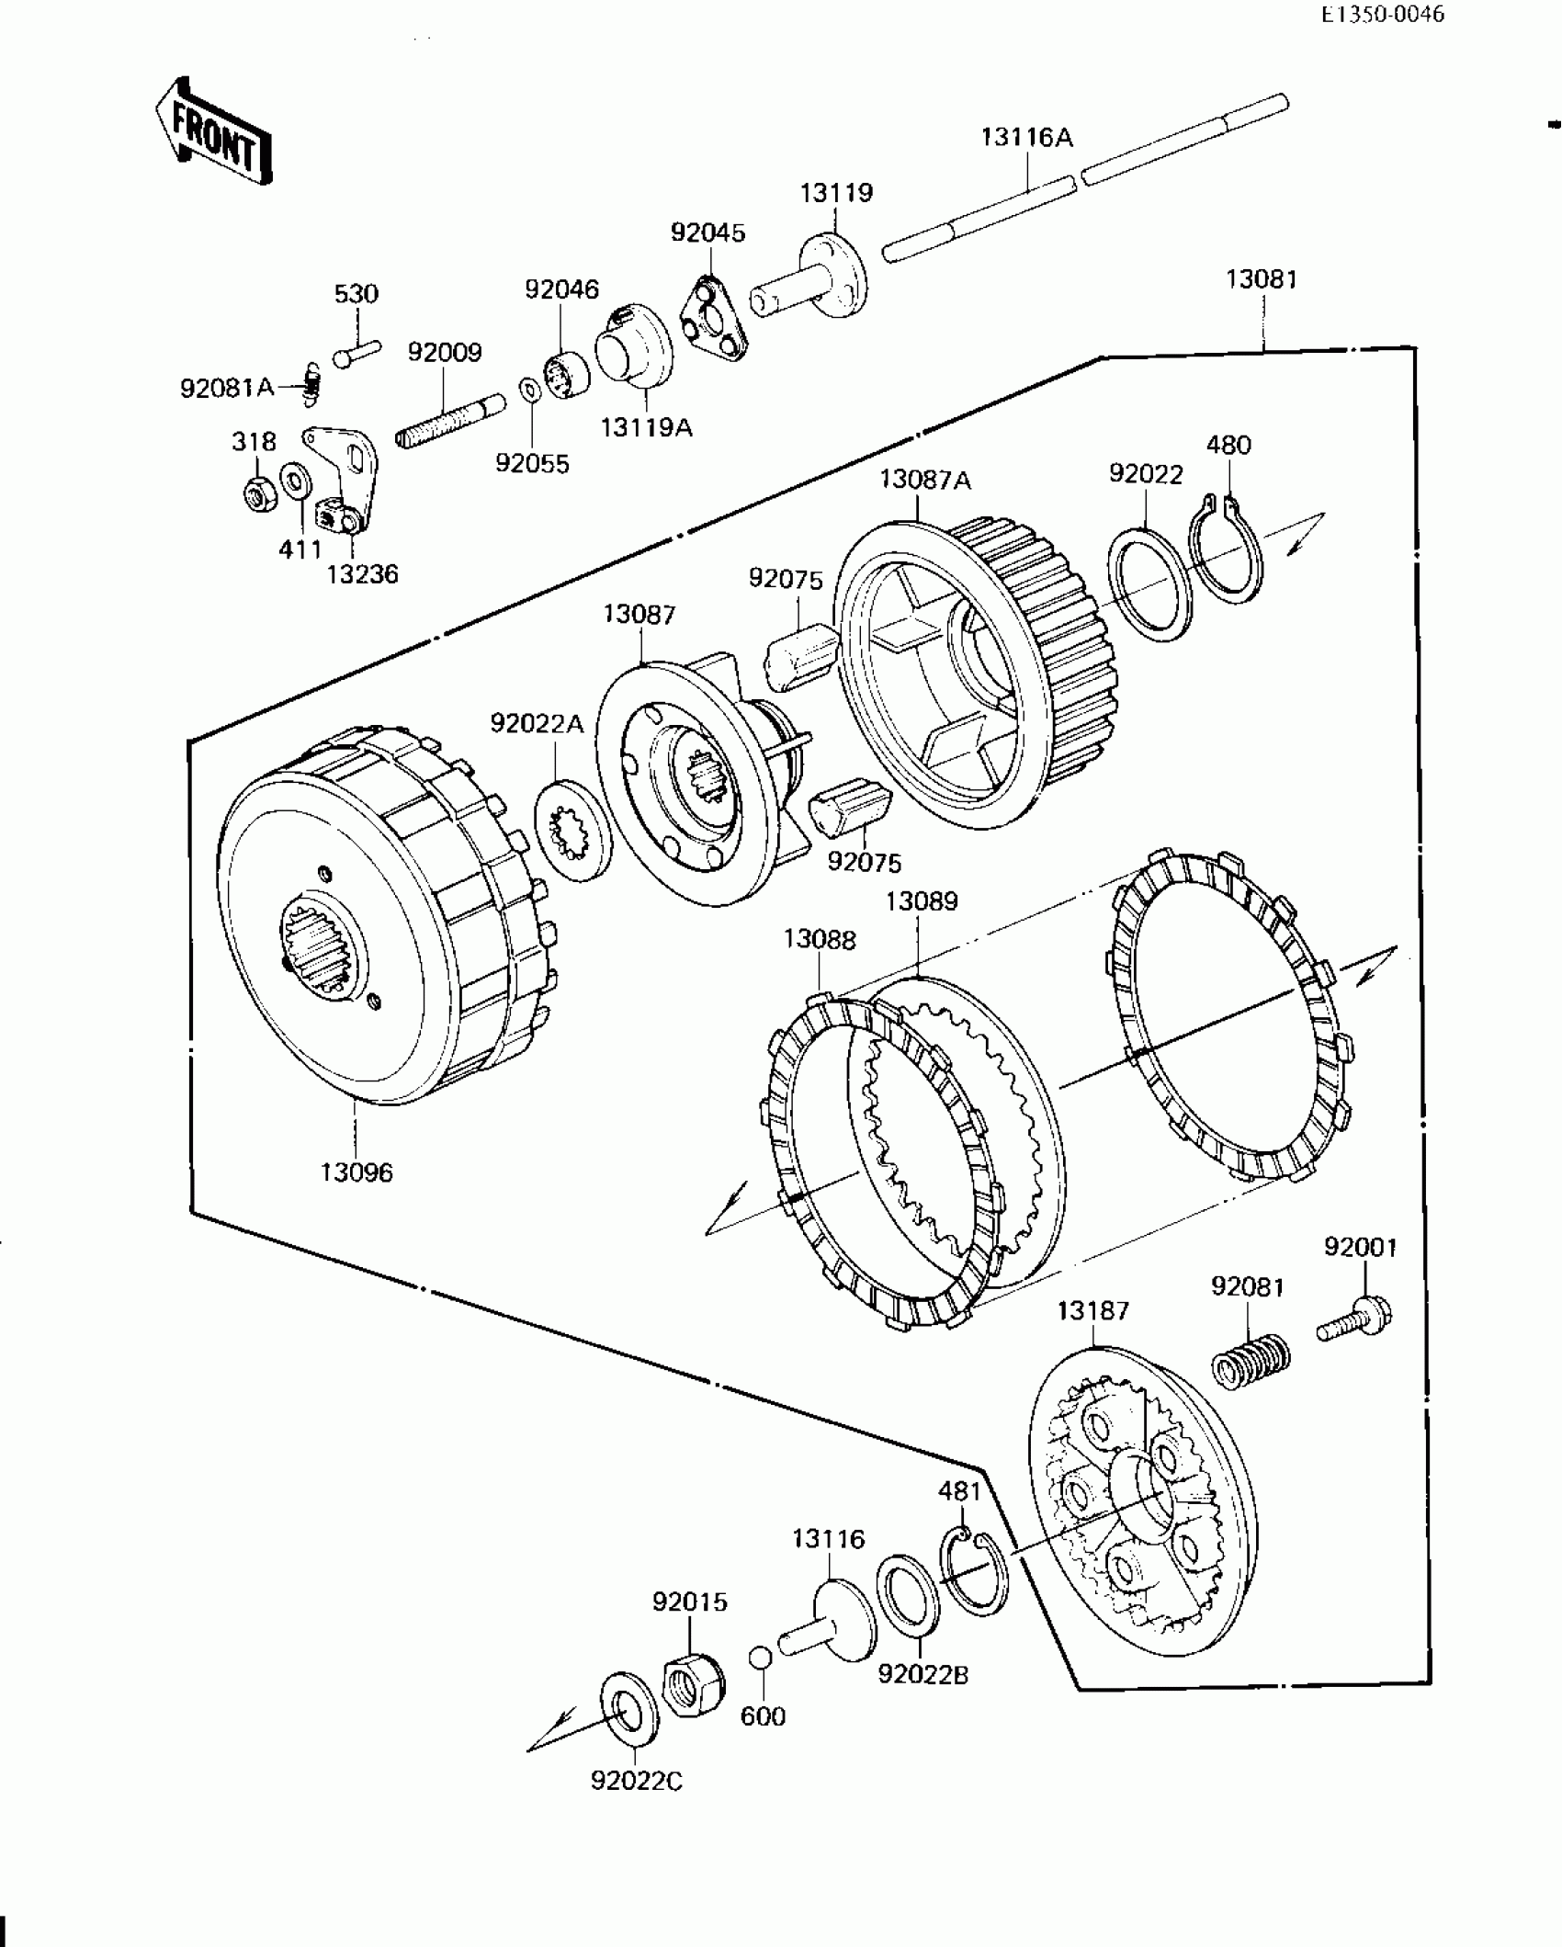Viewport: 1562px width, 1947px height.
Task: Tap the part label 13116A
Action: coord(1026,138)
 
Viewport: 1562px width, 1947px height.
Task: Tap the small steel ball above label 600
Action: coord(760,1658)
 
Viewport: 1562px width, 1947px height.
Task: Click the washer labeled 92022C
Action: coord(626,1710)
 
